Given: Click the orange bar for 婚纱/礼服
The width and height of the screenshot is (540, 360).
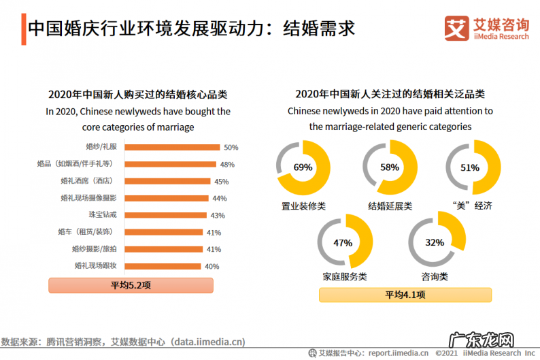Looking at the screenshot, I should pyautogui.click(x=171, y=147).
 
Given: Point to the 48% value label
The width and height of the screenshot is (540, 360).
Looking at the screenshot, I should pyautogui.click(x=227, y=165).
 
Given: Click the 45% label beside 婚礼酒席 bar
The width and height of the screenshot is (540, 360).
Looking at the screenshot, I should pyautogui.click(x=221, y=182).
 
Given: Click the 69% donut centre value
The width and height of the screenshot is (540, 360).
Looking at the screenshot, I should pyautogui.click(x=303, y=167).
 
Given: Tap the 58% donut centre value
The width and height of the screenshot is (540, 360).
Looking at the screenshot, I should pyautogui.click(x=390, y=167).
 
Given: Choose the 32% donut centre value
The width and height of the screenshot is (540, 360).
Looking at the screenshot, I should pyautogui.click(x=435, y=242).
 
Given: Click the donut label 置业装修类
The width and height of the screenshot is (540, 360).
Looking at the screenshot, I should pyautogui.click(x=303, y=206).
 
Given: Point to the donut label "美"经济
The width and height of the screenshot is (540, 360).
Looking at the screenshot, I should pyautogui.click(x=471, y=206).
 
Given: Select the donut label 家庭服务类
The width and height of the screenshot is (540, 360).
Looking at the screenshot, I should pyautogui.click(x=344, y=277).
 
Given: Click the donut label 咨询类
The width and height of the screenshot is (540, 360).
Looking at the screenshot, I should pyautogui.click(x=435, y=277).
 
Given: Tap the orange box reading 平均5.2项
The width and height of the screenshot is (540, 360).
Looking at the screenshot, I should pyautogui.click(x=131, y=286).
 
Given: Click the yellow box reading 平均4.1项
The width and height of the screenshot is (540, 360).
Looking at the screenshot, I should pyautogui.click(x=405, y=295).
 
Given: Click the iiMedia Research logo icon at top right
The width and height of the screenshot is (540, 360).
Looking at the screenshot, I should pyautogui.click(x=455, y=28).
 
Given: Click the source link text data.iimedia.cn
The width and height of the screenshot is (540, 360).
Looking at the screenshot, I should pyautogui.click(x=207, y=342).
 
